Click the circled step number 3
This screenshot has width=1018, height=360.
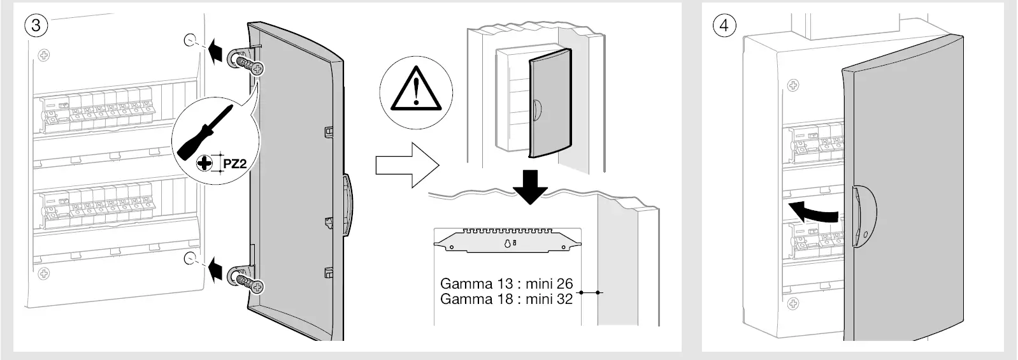(x=36, y=25)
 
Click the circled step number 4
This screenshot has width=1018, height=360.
(x=724, y=25)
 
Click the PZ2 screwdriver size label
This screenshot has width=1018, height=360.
(x=234, y=164)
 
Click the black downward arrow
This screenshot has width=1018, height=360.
(x=530, y=185)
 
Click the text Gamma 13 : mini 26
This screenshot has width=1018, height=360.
(x=506, y=284)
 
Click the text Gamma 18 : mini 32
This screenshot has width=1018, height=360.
(x=506, y=299)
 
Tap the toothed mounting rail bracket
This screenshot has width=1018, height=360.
(x=507, y=240)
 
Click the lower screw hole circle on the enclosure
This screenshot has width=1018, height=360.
(x=190, y=258)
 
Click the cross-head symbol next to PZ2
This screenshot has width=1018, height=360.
(x=204, y=164)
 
